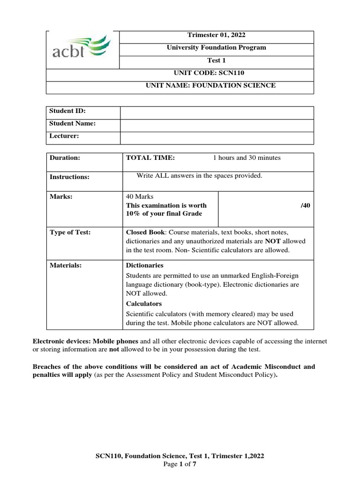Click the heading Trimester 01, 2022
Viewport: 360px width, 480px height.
click(216, 35)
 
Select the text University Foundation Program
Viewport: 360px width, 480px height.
click(216, 48)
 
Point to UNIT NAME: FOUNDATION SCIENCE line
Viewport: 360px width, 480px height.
click(216, 85)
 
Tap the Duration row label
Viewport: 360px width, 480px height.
click(65, 158)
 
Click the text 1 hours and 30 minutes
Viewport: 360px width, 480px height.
click(247, 158)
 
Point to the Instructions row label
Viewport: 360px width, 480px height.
click(69, 177)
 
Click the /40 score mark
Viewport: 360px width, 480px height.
click(305, 205)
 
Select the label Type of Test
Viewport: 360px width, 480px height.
click(70, 232)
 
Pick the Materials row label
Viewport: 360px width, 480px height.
click(66, 265)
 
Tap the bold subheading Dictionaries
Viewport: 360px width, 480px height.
click(145, 265)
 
